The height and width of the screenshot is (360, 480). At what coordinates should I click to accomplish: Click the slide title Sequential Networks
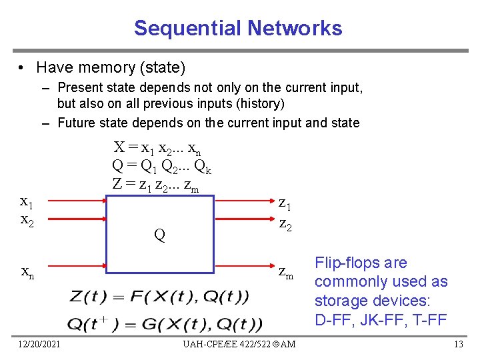click(238, 28)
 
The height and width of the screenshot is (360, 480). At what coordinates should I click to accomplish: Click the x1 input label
click(27, 201)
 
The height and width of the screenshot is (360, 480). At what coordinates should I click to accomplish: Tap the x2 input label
click(27, 219)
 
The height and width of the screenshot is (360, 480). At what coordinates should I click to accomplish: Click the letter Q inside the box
click(159, 235)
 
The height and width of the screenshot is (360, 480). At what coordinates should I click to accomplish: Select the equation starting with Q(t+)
click(165, 325)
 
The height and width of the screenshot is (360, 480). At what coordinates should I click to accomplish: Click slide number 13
click(458, 344)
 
